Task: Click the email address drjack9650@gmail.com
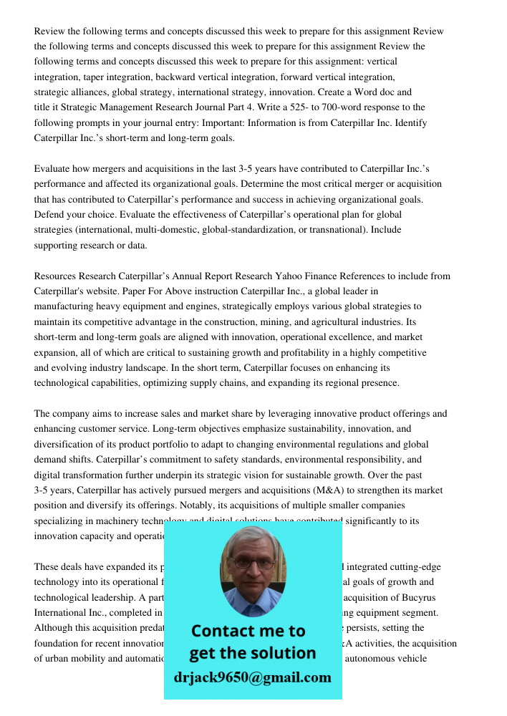pyautogui.click(x=253, y=677)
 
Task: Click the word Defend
pyautogui.click(x=52, y=214)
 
